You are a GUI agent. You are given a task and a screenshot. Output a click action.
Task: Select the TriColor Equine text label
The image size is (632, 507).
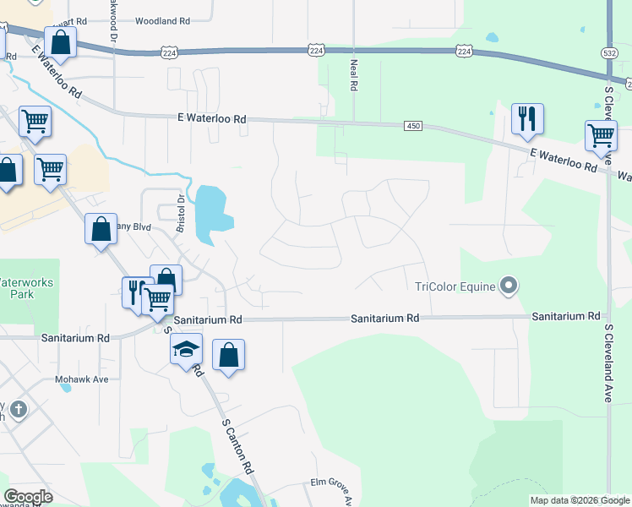click(x=455, y=286)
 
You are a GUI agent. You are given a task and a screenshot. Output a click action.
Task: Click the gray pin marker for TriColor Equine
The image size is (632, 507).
click(x=508, y=286)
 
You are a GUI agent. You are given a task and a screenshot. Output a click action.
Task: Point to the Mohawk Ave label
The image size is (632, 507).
click(x=83, y=379)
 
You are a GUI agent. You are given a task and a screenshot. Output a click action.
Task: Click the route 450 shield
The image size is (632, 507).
click(x=412, y=126)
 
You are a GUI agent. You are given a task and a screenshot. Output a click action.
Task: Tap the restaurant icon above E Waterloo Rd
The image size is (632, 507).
click(x=527, y=119)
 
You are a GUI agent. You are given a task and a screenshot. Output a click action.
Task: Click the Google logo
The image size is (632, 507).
click(x=28, y=497)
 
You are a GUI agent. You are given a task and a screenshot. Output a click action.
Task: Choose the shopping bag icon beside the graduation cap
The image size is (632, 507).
click(x=228, y=355)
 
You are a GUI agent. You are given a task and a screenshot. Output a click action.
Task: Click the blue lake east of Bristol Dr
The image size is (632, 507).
click(x=210, y=211)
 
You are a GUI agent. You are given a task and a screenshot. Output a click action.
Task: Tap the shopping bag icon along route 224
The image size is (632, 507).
click(x=61, y=41)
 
